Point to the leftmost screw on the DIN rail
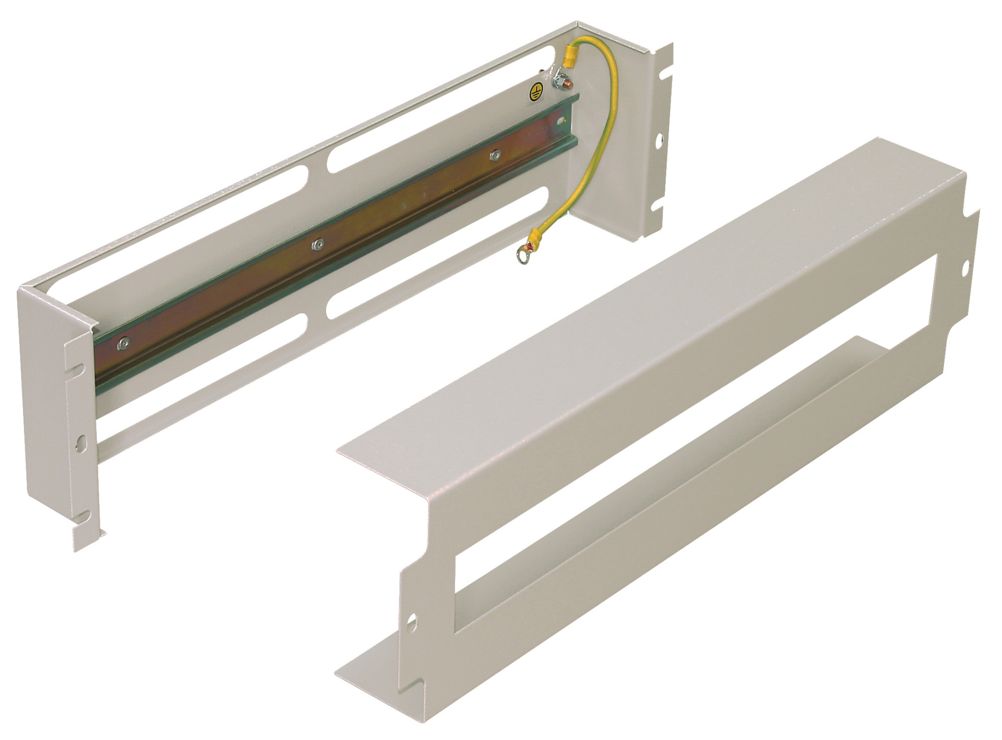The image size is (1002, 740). click(123, 342)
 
